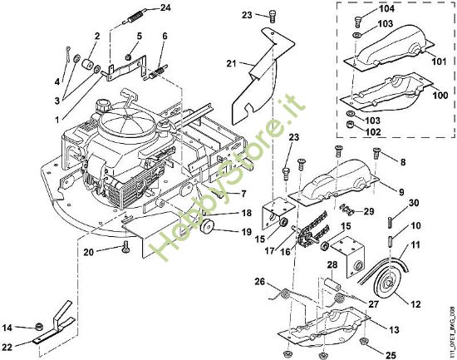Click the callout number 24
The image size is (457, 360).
[x=165, y=7]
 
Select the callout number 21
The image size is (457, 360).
[x=232, y=62]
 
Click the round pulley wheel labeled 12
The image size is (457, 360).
[x=386, y=284]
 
